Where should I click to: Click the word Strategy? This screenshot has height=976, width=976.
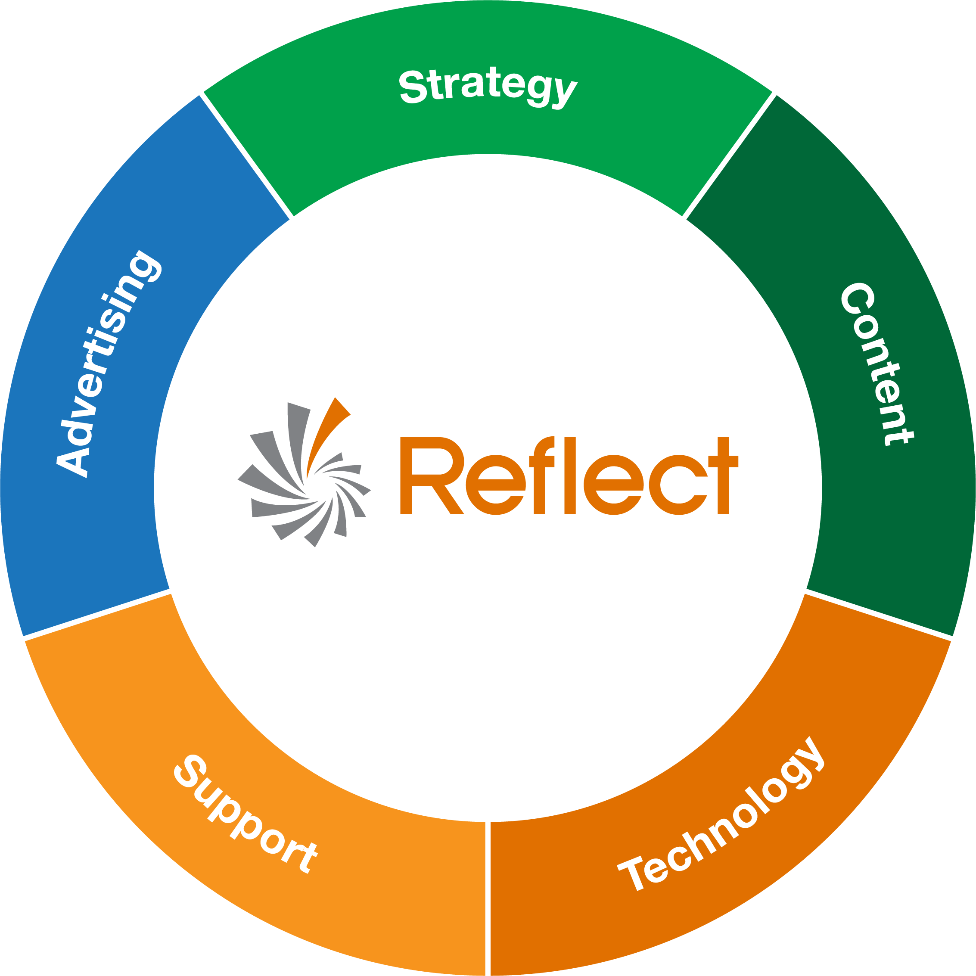(488, 87)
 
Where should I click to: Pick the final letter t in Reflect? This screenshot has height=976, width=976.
(724, 475)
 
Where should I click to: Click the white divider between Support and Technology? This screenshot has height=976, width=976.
(488, 899)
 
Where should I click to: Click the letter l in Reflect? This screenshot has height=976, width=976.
(570, 475)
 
